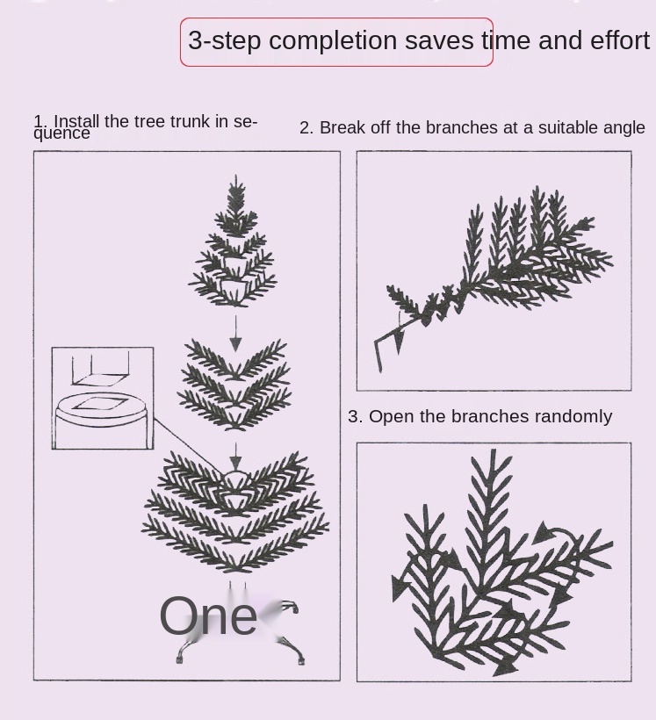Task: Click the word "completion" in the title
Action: (x=333, y=41)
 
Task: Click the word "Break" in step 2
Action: (x=340, y=127)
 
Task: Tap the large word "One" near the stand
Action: (x=207, y=616)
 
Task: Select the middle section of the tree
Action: (x=235, y=385)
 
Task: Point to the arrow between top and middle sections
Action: (x=235, y=334)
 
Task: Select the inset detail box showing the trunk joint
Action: (x=103, y=398)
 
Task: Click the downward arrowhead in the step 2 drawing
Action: (x=399, y=342)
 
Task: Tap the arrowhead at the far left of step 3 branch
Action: (x=399, y=587)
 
